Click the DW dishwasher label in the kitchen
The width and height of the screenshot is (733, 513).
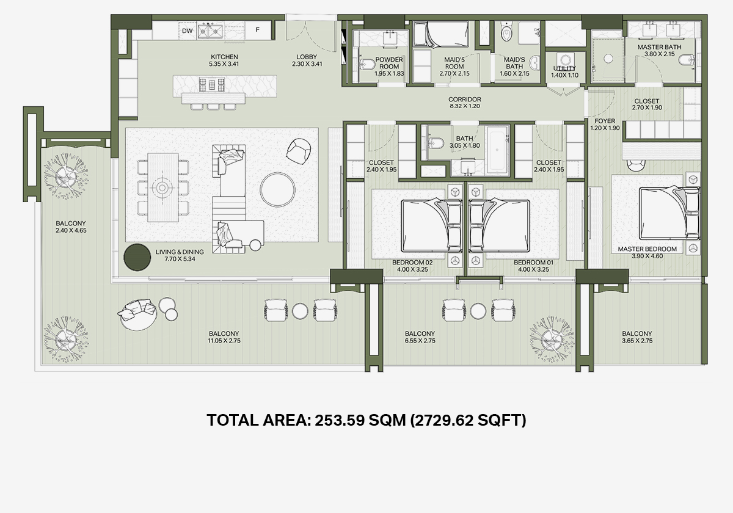pos(187,31)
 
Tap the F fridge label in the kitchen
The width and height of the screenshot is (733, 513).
pos(258,30)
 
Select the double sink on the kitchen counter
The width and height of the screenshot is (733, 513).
pos(210,31)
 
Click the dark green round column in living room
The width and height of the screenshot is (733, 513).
pos(137,258)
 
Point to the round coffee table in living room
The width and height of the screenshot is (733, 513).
pos(277,190)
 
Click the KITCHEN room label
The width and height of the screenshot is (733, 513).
pos(224,57)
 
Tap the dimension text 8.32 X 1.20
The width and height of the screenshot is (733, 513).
pos(465,106)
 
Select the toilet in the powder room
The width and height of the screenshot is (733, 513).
pos(367,65)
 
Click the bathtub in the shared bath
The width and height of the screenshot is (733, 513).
pos(497,149)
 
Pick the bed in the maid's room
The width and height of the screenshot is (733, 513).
pos(440,34)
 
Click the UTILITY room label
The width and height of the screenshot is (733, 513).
pos(564,68)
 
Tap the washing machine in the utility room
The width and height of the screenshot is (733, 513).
pos(565,60)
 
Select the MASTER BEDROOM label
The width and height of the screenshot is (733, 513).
pos(647,249)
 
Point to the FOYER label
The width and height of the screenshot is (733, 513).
pos(605,121)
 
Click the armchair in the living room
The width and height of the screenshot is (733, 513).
pos(299,151)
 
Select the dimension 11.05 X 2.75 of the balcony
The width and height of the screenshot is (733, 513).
pos(224,341)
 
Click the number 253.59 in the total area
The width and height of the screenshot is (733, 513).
pos(340,420)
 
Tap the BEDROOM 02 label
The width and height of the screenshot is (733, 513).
pos(412,263)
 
